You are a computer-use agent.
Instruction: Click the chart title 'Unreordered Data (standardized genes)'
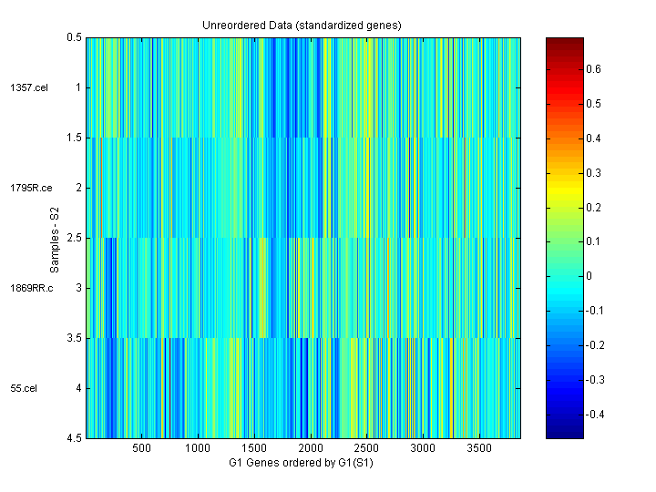(302, 25)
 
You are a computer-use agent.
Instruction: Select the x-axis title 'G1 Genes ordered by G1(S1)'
(302, 463)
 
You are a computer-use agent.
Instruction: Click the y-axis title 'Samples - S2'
(56, 239)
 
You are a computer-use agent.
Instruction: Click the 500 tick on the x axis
(141, 449)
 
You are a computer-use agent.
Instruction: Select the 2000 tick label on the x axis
(310, 449)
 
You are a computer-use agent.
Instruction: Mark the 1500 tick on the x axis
(253, 449)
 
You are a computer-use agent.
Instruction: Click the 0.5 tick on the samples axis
(74, 37)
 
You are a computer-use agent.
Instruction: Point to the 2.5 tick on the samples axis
(74, 238)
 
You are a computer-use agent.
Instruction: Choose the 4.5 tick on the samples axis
(74, 438)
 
